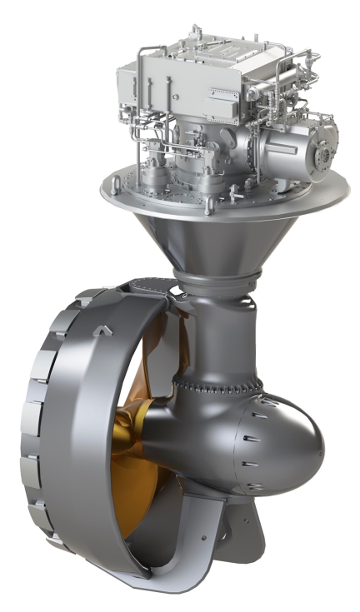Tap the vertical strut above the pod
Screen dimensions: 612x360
coord(221,333)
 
